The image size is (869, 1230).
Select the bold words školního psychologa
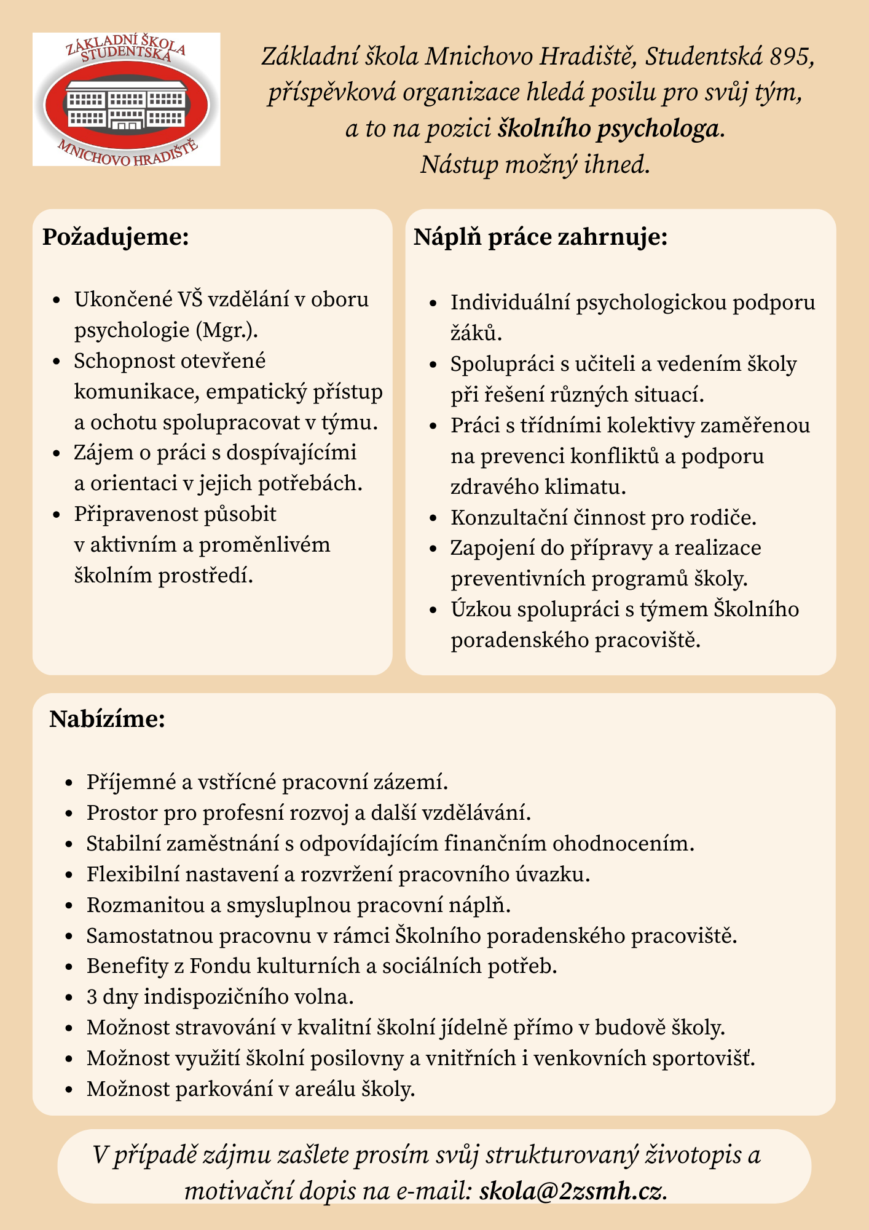608,129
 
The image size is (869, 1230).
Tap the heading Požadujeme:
116,237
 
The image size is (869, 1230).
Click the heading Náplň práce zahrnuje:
540,237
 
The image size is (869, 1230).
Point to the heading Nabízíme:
108,718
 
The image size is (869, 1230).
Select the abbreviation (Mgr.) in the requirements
227,330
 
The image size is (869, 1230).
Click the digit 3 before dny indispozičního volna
92,997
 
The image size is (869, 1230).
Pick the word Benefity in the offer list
127,966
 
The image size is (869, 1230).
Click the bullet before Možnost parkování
69,1090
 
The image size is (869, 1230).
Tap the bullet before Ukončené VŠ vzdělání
57,300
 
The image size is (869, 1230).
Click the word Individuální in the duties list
510,303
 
